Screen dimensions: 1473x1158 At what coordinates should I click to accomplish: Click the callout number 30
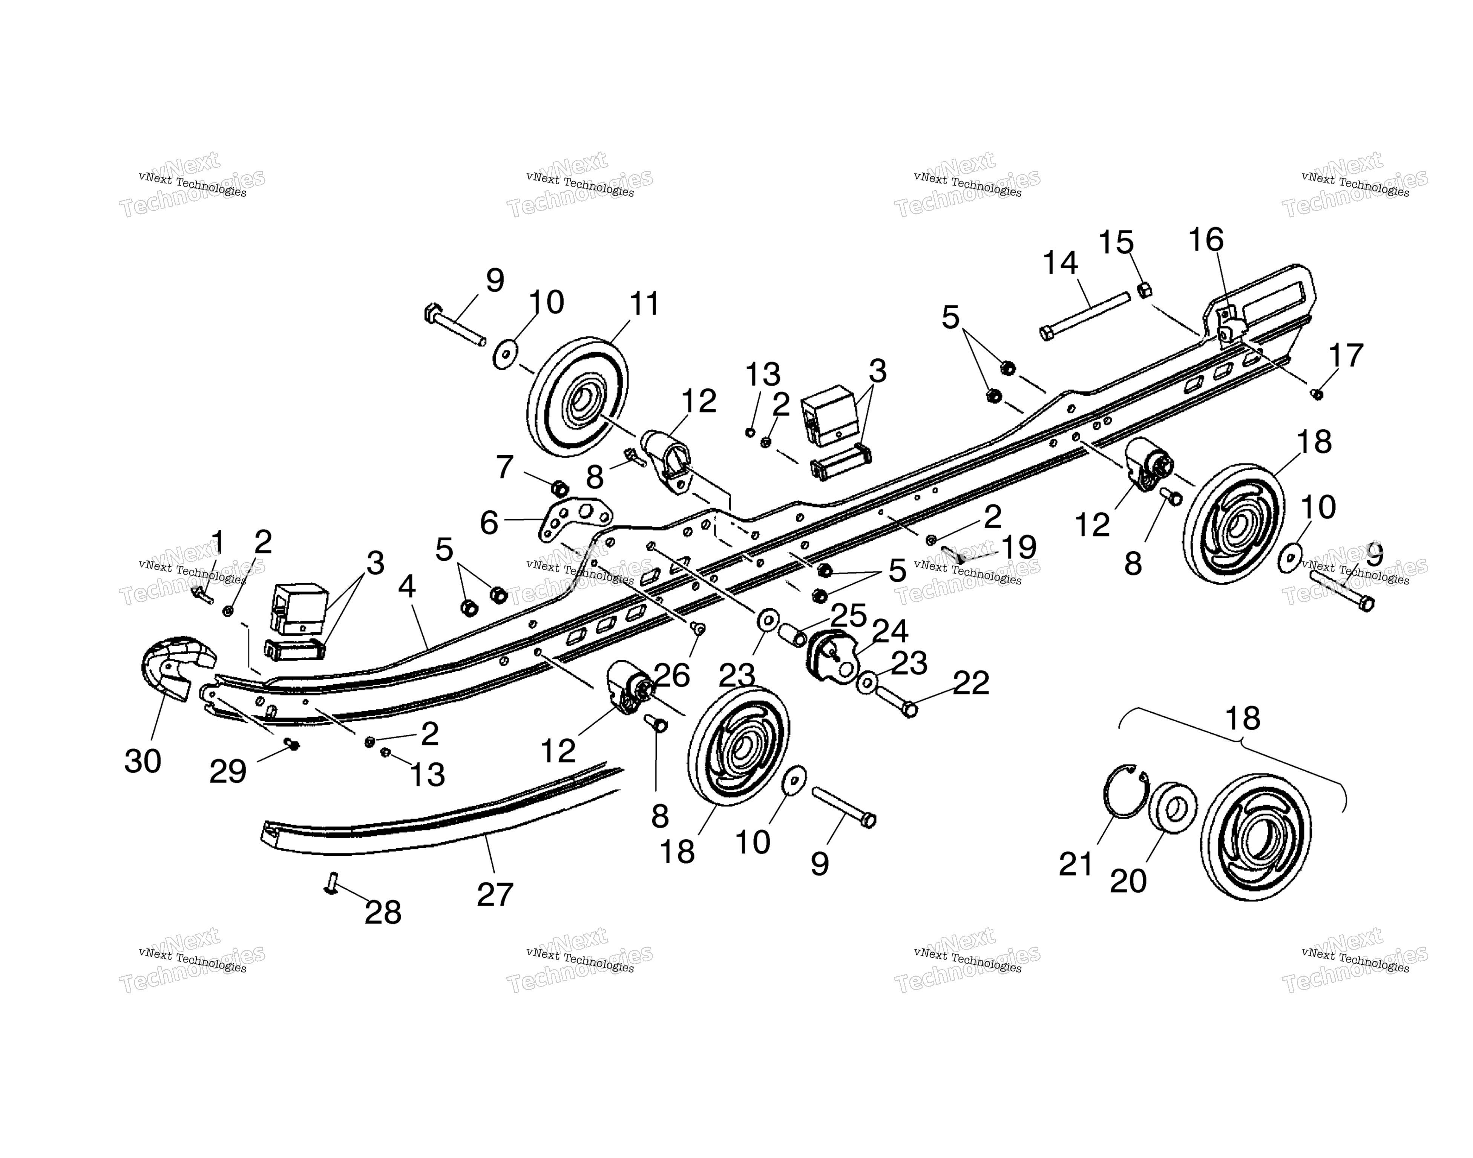[143, 761]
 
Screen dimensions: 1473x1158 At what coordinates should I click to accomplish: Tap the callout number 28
[383, 913]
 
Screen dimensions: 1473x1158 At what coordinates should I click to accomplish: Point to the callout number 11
[644, 304]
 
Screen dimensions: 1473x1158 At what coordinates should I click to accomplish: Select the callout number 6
[489, 523]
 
